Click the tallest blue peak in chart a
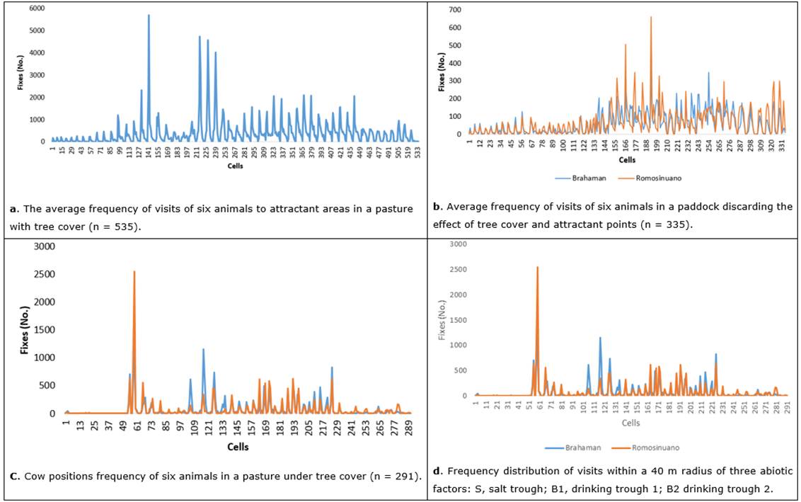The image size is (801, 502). [149, 16]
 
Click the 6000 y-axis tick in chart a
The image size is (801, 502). [35, 8]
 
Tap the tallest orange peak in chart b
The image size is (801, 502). [651, 18]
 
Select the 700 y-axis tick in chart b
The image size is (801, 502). [454, 10]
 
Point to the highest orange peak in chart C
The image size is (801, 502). [134, 272]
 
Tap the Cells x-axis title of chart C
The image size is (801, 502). [238, 447]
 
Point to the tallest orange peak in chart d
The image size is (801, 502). [537, 268]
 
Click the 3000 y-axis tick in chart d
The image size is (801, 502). [458, 244]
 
